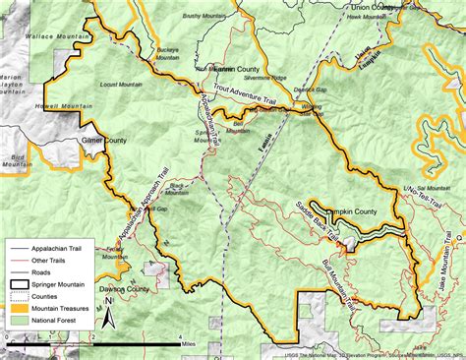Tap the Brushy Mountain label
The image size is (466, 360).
pyautogui.click(x=204, y=16)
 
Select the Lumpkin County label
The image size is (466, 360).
pyautogui.click(x=350, y=210)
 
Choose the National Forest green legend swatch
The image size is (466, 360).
pyautogui.click(x=22, y=319)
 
